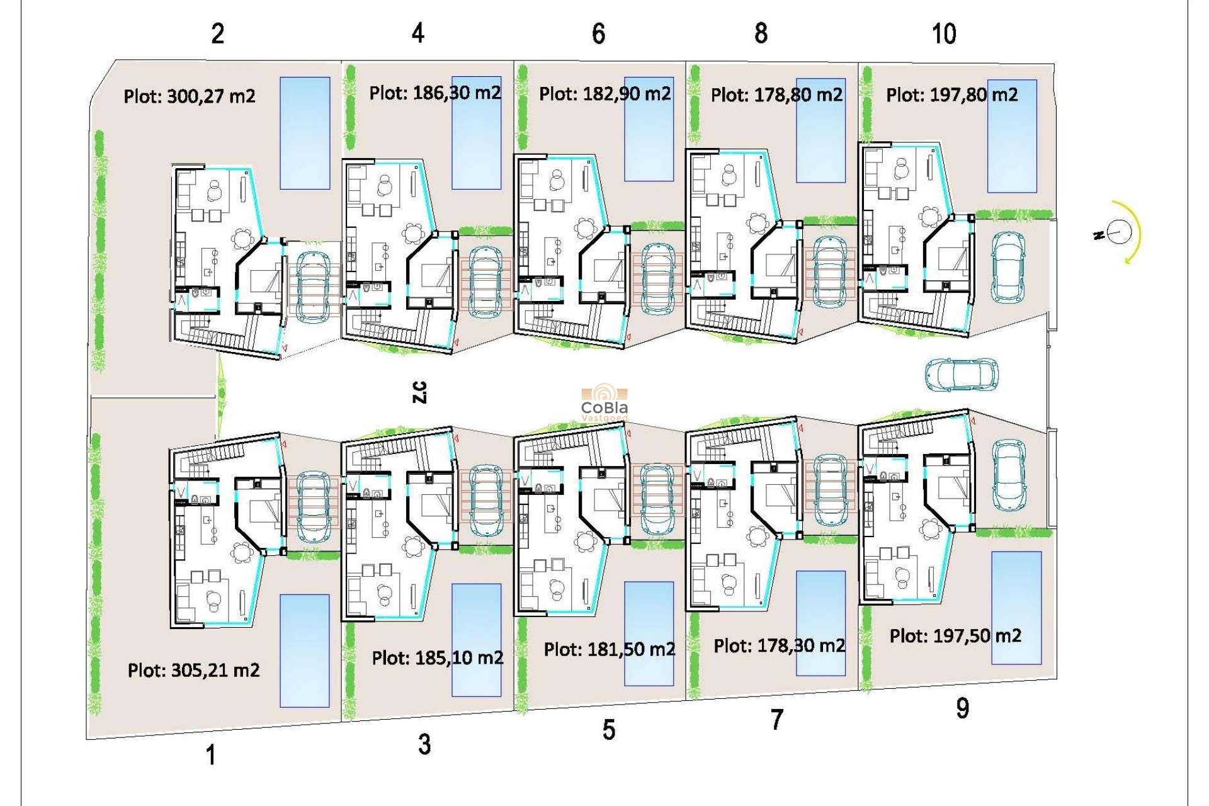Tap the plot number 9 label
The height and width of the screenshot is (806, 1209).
(x=962, y=708)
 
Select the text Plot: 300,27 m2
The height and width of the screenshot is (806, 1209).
(x=189, y=96)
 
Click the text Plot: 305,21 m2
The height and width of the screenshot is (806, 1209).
(x=193, y=670)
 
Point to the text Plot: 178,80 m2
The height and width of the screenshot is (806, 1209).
(x=776, y=95)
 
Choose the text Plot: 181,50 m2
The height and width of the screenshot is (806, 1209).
(x=609, y=649)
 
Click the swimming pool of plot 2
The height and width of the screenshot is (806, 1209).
(x=305, y=133)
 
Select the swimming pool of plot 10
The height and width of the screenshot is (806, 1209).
(x=1011, y=135)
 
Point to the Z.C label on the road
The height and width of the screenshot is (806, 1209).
(x=419, y=392)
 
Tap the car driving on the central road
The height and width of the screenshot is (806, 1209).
(x=962, y=375)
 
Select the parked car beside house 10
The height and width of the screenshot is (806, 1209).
(x=1007, y=267)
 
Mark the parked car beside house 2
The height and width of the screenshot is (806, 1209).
(x=313, y=287)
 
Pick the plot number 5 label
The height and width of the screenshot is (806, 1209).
(x=608, y=730)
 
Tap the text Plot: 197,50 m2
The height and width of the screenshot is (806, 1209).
(x=955, y=636)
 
